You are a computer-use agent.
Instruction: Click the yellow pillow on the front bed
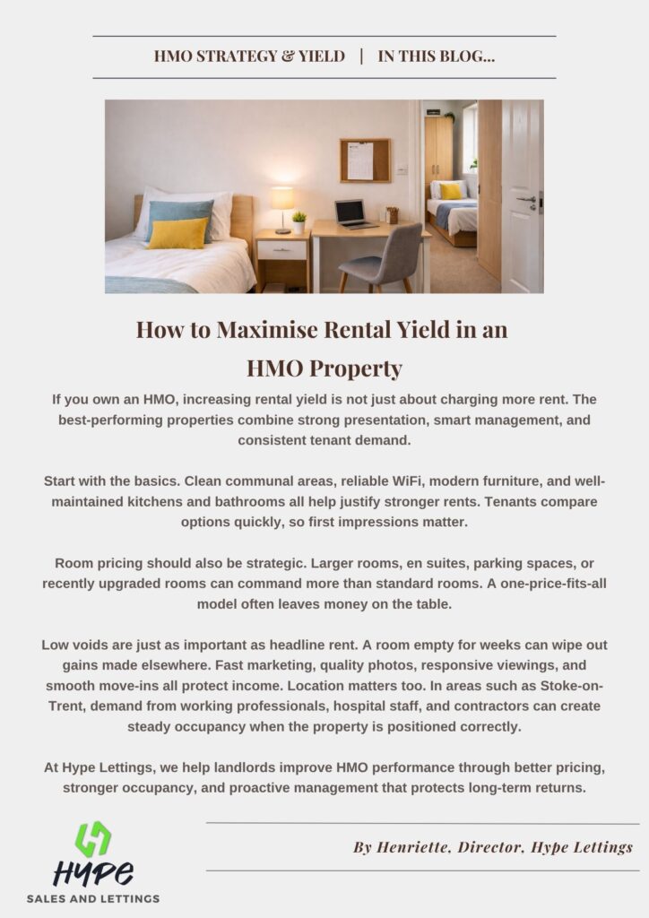tap(177, 233)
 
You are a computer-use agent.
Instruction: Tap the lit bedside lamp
tap(281, 201)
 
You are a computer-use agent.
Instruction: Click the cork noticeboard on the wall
tap(365, 160)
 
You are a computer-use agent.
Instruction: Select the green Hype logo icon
tap(93, 839)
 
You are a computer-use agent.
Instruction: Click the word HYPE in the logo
tap(93, 872)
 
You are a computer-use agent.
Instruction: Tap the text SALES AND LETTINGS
tap(93, 898)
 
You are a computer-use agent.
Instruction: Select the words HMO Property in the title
tap(324, 368)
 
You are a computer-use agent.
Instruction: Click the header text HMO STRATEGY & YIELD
tap(249, 56)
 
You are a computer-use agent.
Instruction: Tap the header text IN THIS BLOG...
tap(437, 56)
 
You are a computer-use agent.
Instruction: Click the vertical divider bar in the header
tap(361, 56)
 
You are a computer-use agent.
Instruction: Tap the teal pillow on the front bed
tap(180, 213)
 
